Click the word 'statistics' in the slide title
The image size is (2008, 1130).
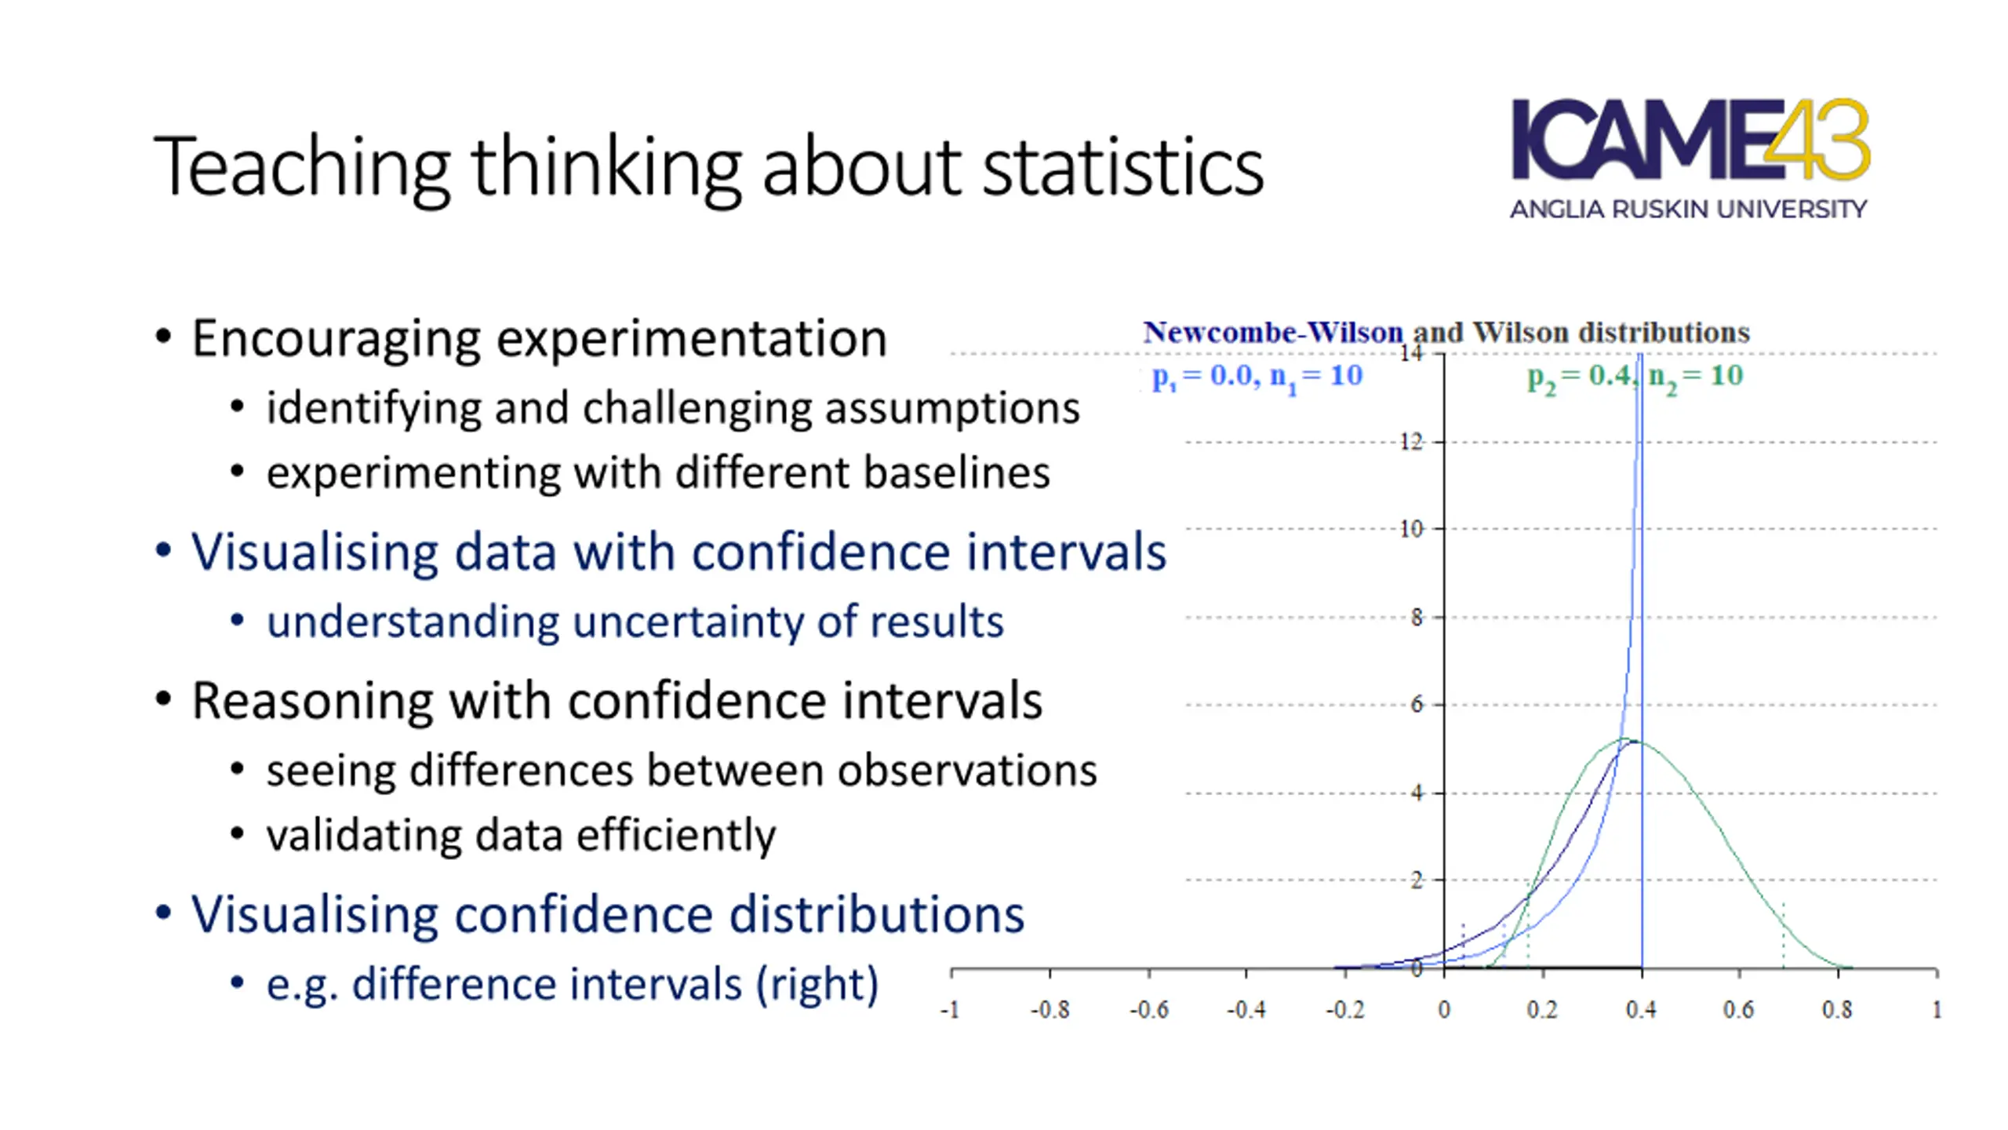pyautogui.click(x=1122, y=166)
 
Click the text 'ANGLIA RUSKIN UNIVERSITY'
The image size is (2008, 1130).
pyautogui.click(x=1688, y=210)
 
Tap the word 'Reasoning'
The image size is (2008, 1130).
pyautogui.click(x=311, y=700)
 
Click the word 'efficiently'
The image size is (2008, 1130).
pyautogui.click(x=676, y=835)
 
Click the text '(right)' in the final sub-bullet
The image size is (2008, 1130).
pyautogui.click(x=817, y=984)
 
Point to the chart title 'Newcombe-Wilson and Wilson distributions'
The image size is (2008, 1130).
pyautogui.click(x=1446, y=333)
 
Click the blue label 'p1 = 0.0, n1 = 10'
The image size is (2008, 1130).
pyautogui.click(x=1257, y=377)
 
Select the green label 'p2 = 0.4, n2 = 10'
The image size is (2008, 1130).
pyautogui.click(x=1635, y=377)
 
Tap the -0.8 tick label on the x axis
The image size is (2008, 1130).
pyautogui.click(x=1049, y=1009)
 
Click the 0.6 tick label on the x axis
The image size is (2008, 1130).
pyautogui.click(x=1738, y=1009)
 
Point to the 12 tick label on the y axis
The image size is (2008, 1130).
pyautogui.click(x=1411, y=442)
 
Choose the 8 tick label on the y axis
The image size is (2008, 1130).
pyautogui.click(x=1416, y=618)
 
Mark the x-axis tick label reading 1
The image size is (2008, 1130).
pyautogui.click(x=1936, y=1009)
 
